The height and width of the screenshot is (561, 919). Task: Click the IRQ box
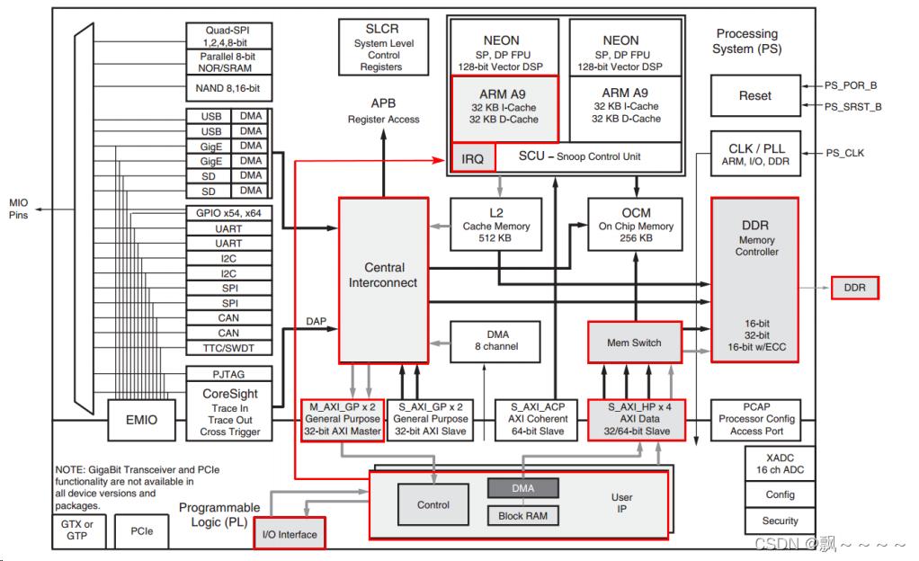click(473, 158)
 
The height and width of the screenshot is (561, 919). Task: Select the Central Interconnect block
click(384, 280)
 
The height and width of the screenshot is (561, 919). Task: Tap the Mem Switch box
click(634, 343)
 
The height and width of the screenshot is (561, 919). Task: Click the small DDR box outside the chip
click(854, 288)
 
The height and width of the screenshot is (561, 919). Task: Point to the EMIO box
click(141, 419)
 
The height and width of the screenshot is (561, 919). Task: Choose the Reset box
click(755, 96)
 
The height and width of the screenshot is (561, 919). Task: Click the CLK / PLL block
click(755, 154)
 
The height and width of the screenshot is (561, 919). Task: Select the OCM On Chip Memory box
click(636, 225)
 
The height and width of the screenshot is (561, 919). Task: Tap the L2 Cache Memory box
click(496, 225)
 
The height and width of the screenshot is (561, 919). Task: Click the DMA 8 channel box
click(496, 341)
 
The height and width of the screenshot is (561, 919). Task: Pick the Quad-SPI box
click(228, 36)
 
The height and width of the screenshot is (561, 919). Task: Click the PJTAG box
click(228, 373)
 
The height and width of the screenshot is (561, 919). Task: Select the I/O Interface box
click(290, 534)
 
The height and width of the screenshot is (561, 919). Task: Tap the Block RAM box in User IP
click(522, 515)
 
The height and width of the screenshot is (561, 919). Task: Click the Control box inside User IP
click(433, 505)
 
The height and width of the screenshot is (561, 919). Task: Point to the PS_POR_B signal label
click(851, 85)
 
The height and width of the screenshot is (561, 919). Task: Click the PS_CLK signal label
click(845, 153)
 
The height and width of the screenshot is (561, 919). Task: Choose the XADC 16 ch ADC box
click(780, 463)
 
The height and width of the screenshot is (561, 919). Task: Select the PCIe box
click(142, 531)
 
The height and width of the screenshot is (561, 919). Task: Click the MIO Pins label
click(19, 209)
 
